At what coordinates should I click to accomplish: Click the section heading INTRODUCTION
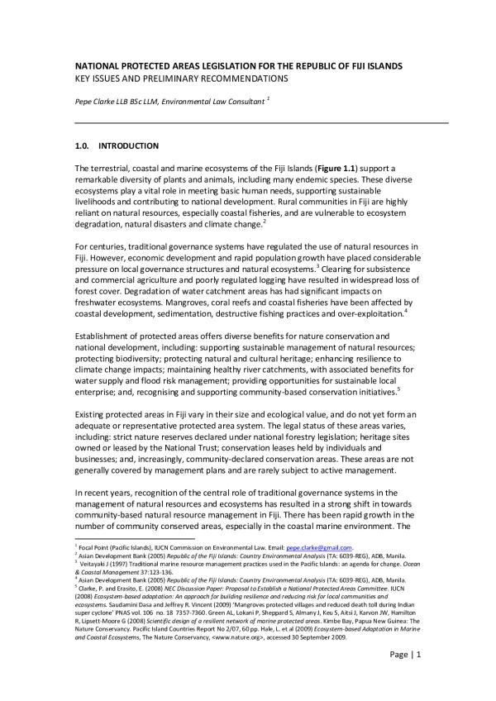[128, 146]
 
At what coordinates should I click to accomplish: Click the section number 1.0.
[82, 146]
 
